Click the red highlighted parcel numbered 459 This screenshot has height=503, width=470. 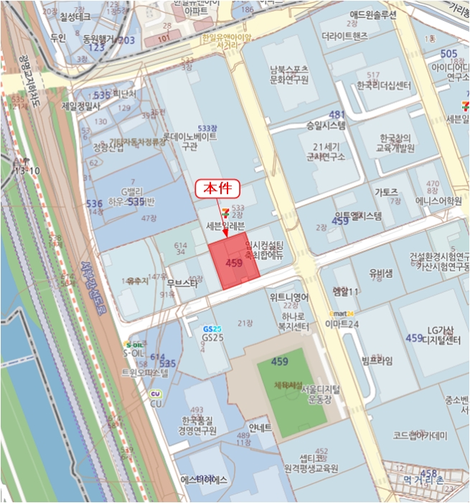(x=233, y=264)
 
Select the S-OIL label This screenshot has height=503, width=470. (x=134, y=353)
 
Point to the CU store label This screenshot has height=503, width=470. (x=156, y=403)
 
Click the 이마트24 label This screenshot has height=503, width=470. (x=342, y=323)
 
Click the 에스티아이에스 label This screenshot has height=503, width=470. (x=205, y=479)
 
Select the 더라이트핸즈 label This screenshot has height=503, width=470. (x=344, y=34)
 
